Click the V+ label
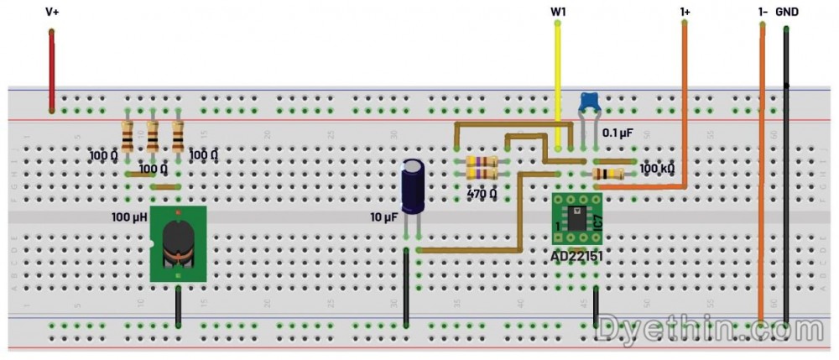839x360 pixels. coord(52,12)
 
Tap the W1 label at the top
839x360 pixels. coord(557,12)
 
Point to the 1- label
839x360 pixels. coord(762,12)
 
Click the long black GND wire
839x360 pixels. coord(786,168)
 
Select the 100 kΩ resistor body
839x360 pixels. coord(607,174)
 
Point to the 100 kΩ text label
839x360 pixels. coord(658,169)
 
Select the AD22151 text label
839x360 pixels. coord(578,255)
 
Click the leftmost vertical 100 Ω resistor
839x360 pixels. coord(127,136)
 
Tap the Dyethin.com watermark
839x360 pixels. coord(710,330)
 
